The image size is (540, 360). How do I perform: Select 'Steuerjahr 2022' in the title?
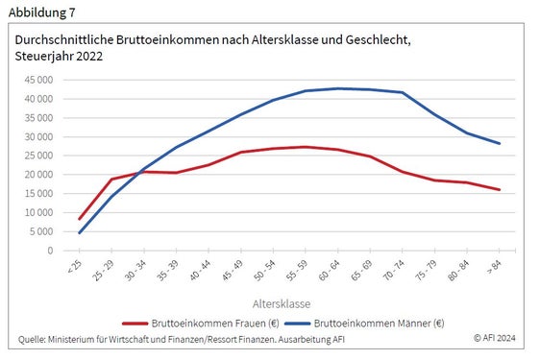tap(59, 57)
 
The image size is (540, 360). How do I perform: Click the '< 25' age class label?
tap(76, 266)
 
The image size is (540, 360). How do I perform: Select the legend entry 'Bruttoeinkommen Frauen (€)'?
tap(198, 323)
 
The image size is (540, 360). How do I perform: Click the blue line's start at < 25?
tap(79, 232)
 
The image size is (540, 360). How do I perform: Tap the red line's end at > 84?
tap(499, 190)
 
